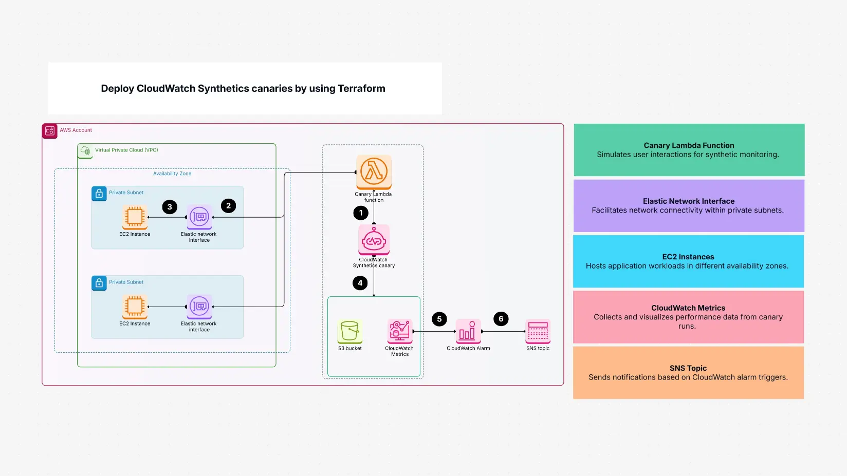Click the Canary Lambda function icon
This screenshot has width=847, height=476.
(374, 172)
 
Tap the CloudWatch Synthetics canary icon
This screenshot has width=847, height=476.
(374, 239)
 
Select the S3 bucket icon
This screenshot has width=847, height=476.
(350, 331)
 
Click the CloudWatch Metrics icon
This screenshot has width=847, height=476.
(400, 331)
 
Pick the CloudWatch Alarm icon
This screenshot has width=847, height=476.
(468, 331)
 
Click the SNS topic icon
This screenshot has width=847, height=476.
(538, 331)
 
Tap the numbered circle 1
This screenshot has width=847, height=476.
(361, 213)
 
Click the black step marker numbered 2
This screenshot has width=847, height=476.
(229, 206)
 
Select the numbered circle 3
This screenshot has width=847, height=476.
(170, 207)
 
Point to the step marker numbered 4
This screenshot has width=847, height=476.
(360, 283)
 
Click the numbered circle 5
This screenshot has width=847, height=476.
(439, 319)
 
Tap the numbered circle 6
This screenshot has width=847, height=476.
(501, 319)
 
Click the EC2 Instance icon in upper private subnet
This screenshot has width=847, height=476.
(135, 217)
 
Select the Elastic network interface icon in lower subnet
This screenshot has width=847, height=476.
(199, 307)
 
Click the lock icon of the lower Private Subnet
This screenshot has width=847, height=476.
(99, 283)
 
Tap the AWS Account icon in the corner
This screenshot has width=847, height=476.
(50, 131)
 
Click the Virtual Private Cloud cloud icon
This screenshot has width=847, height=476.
(85, 151)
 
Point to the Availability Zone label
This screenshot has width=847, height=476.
(172, 174)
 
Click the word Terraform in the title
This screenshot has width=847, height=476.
(361, 88)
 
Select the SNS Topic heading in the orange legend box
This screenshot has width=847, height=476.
(688, 368)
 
